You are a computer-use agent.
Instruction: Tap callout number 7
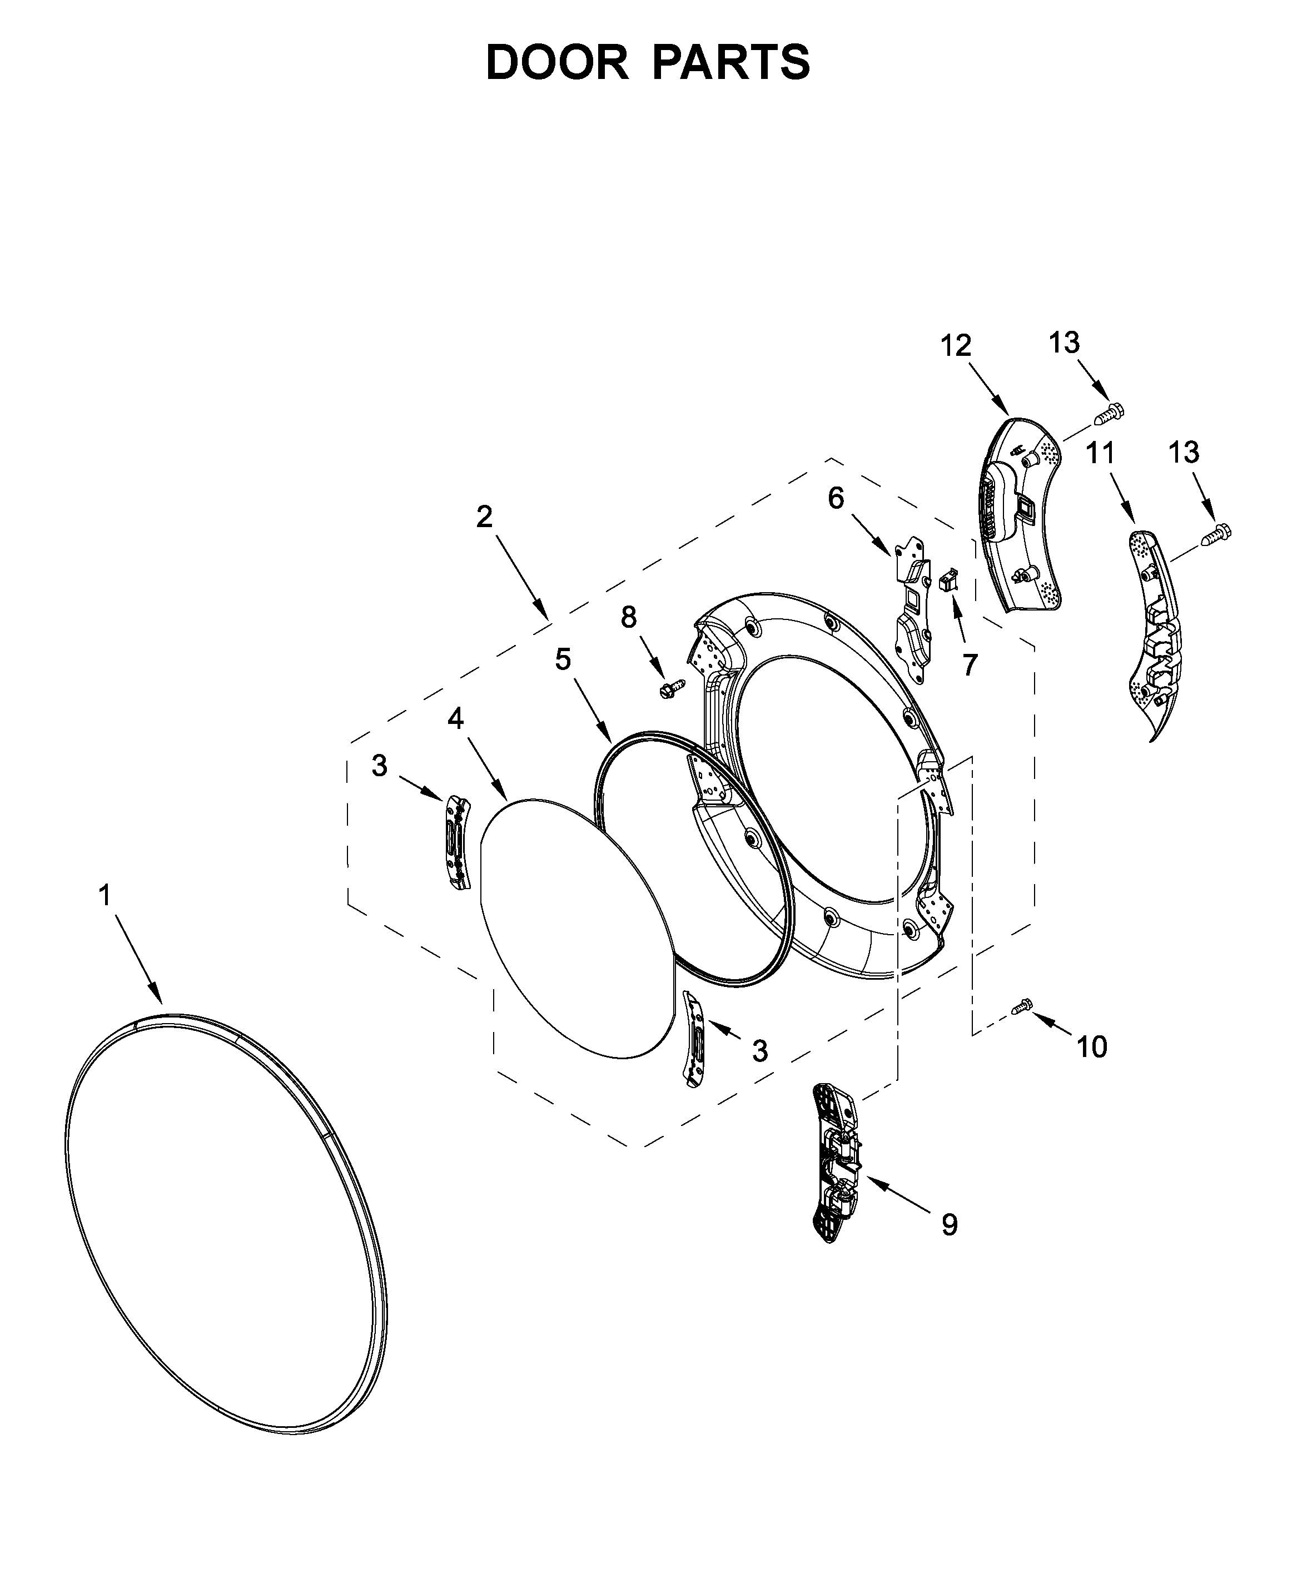pyautogui.click(x=970, y=664)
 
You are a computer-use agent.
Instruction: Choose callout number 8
pyautogui.click(x=628, y=617)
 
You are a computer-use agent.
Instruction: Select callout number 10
pyautogui.click(x=1092, y=1047)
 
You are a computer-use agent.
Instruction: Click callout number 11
pyautogui.click(x=1101, y=453)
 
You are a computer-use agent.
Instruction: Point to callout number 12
pyautogui.click(x=956, y=346)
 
